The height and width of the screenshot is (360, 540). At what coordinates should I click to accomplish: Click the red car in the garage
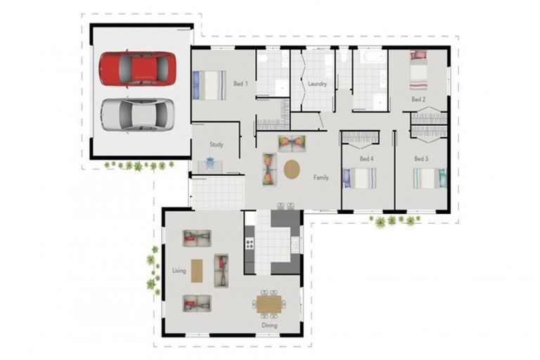(137, 68)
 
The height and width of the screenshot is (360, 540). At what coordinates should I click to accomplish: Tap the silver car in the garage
(137, 115)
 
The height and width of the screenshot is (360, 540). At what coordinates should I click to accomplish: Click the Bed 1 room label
(240, 84)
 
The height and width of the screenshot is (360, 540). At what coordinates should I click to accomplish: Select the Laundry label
(317, 84)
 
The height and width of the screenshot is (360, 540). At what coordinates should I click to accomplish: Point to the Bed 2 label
(418, 99)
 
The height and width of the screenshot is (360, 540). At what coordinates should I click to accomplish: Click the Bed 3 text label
(421, 159)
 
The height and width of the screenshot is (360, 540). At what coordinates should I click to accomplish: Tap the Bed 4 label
(366, 159)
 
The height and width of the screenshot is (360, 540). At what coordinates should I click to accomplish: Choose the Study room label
(217, 145)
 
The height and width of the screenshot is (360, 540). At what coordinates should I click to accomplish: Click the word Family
(321, 177)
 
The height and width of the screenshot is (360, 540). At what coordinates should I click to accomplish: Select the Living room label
(179, 271)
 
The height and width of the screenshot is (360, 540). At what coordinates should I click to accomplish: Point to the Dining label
(269, 326)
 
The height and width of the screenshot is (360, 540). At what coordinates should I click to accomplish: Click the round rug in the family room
(292, 169)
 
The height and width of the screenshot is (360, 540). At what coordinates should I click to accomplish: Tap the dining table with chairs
(269, 304)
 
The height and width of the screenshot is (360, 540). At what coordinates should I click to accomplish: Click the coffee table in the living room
(197, 271)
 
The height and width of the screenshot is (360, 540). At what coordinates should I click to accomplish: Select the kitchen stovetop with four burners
(250, 243)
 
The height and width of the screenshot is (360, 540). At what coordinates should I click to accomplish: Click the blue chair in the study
(210, 162)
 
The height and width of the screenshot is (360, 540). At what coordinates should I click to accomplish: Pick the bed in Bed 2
(418, 70)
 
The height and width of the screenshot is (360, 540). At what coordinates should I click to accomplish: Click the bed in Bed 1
(210, 85)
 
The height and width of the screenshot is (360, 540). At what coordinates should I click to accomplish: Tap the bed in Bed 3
(430, 178)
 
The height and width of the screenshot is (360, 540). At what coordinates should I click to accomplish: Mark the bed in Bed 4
(359, 178)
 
